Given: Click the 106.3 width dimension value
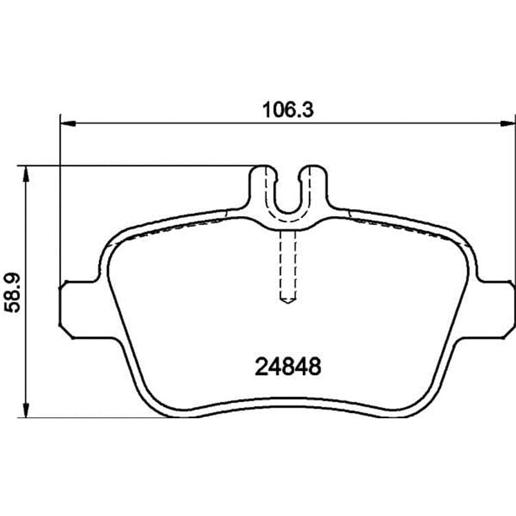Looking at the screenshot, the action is pos(288,110).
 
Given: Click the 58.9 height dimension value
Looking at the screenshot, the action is pos(12,292).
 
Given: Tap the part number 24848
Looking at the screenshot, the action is pos(288,367).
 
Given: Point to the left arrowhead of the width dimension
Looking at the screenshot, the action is pos(68,123).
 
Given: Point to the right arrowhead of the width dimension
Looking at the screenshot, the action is pos(508,123).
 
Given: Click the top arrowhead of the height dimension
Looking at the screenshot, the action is pos(25,173).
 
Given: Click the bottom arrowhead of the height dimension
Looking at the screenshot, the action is pos(25,410).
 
